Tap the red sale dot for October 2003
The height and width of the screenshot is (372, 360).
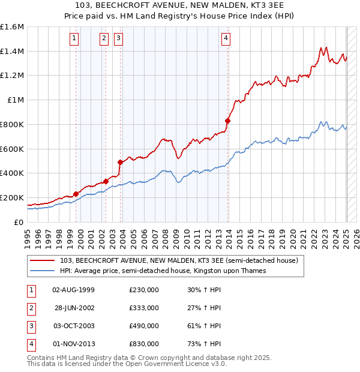coord(120,162)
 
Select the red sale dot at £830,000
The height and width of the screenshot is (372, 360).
coord(227,121)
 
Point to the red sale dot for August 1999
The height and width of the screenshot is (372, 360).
coord(76,193)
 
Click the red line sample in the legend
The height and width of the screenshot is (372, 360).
coord(42,260)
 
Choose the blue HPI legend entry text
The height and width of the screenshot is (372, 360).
coord(162,271)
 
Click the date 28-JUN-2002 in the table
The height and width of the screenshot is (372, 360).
coord(73,308)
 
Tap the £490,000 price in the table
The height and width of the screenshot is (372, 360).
coord(143,326)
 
